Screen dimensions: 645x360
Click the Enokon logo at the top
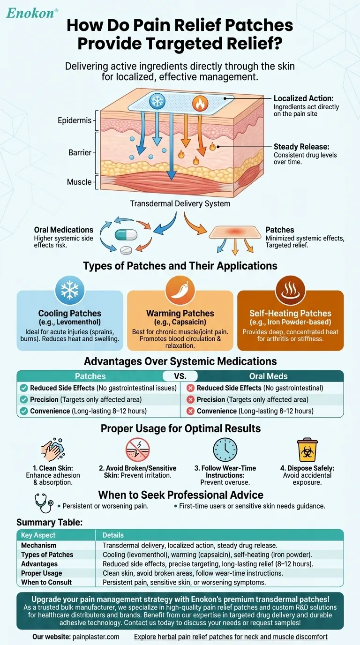pos(32,13)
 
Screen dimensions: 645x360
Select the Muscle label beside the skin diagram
pos(79,181)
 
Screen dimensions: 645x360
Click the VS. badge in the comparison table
pos(180,376)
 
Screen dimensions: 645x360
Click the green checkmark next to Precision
pos(24,400)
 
